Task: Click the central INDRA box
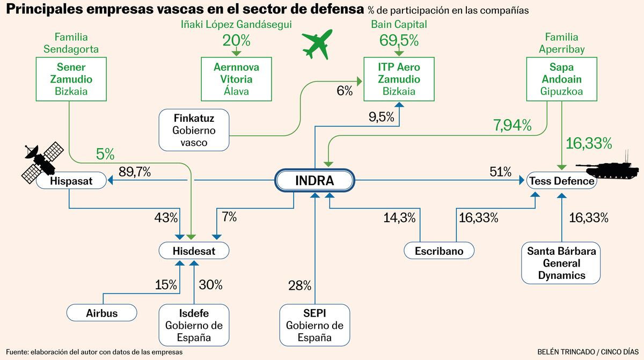coord(314,181)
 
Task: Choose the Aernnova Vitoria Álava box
coord(236,79)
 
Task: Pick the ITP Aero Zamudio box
coord(399,79)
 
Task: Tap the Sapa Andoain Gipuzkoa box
coord(561,79)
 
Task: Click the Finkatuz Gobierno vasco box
coord(194,130)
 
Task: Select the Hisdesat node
coord(194,250)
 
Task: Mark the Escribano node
coord(440,251)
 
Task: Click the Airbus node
coord(101,312)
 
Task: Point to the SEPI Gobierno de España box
coord(314,325)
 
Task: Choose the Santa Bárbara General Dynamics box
coord(561,263)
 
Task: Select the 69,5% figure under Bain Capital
coord(399,41)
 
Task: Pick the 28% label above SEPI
coord(299,285)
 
